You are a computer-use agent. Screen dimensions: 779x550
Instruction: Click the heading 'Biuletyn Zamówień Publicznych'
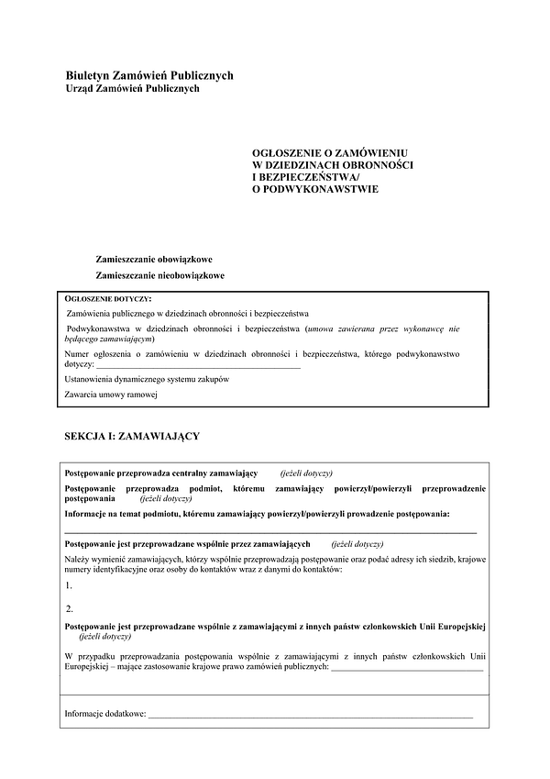click(x=149, y=75)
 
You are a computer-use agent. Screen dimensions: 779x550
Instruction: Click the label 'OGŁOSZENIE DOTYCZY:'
click(x=108, y=299)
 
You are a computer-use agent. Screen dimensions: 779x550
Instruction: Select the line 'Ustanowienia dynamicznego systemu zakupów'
click(x=147, y=379)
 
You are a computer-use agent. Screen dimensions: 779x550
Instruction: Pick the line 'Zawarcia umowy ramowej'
click(x=112, y=395)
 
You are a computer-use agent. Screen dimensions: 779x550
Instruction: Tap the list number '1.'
click(x=70, y=584)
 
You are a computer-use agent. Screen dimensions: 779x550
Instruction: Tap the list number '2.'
click(x=71, y=607)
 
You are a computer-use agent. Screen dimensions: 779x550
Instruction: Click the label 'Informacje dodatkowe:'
click(x=104, y=712)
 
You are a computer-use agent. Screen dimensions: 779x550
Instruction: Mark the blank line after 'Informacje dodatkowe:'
click(x=311, y=713)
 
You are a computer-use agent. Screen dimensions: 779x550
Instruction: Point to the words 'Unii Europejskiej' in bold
click(x=453, y=625)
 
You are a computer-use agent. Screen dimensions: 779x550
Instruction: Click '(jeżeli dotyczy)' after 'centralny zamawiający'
click(x=306, y=472)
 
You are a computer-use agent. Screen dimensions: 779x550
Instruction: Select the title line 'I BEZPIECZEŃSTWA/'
click(x=306, y=175)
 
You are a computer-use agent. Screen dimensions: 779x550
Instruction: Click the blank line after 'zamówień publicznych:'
click(x=405, y=667)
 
